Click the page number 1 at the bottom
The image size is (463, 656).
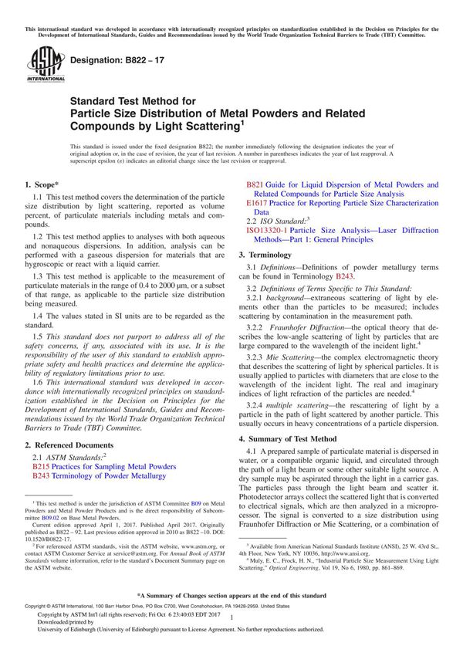pyautogui.click(x=231, y=630)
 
